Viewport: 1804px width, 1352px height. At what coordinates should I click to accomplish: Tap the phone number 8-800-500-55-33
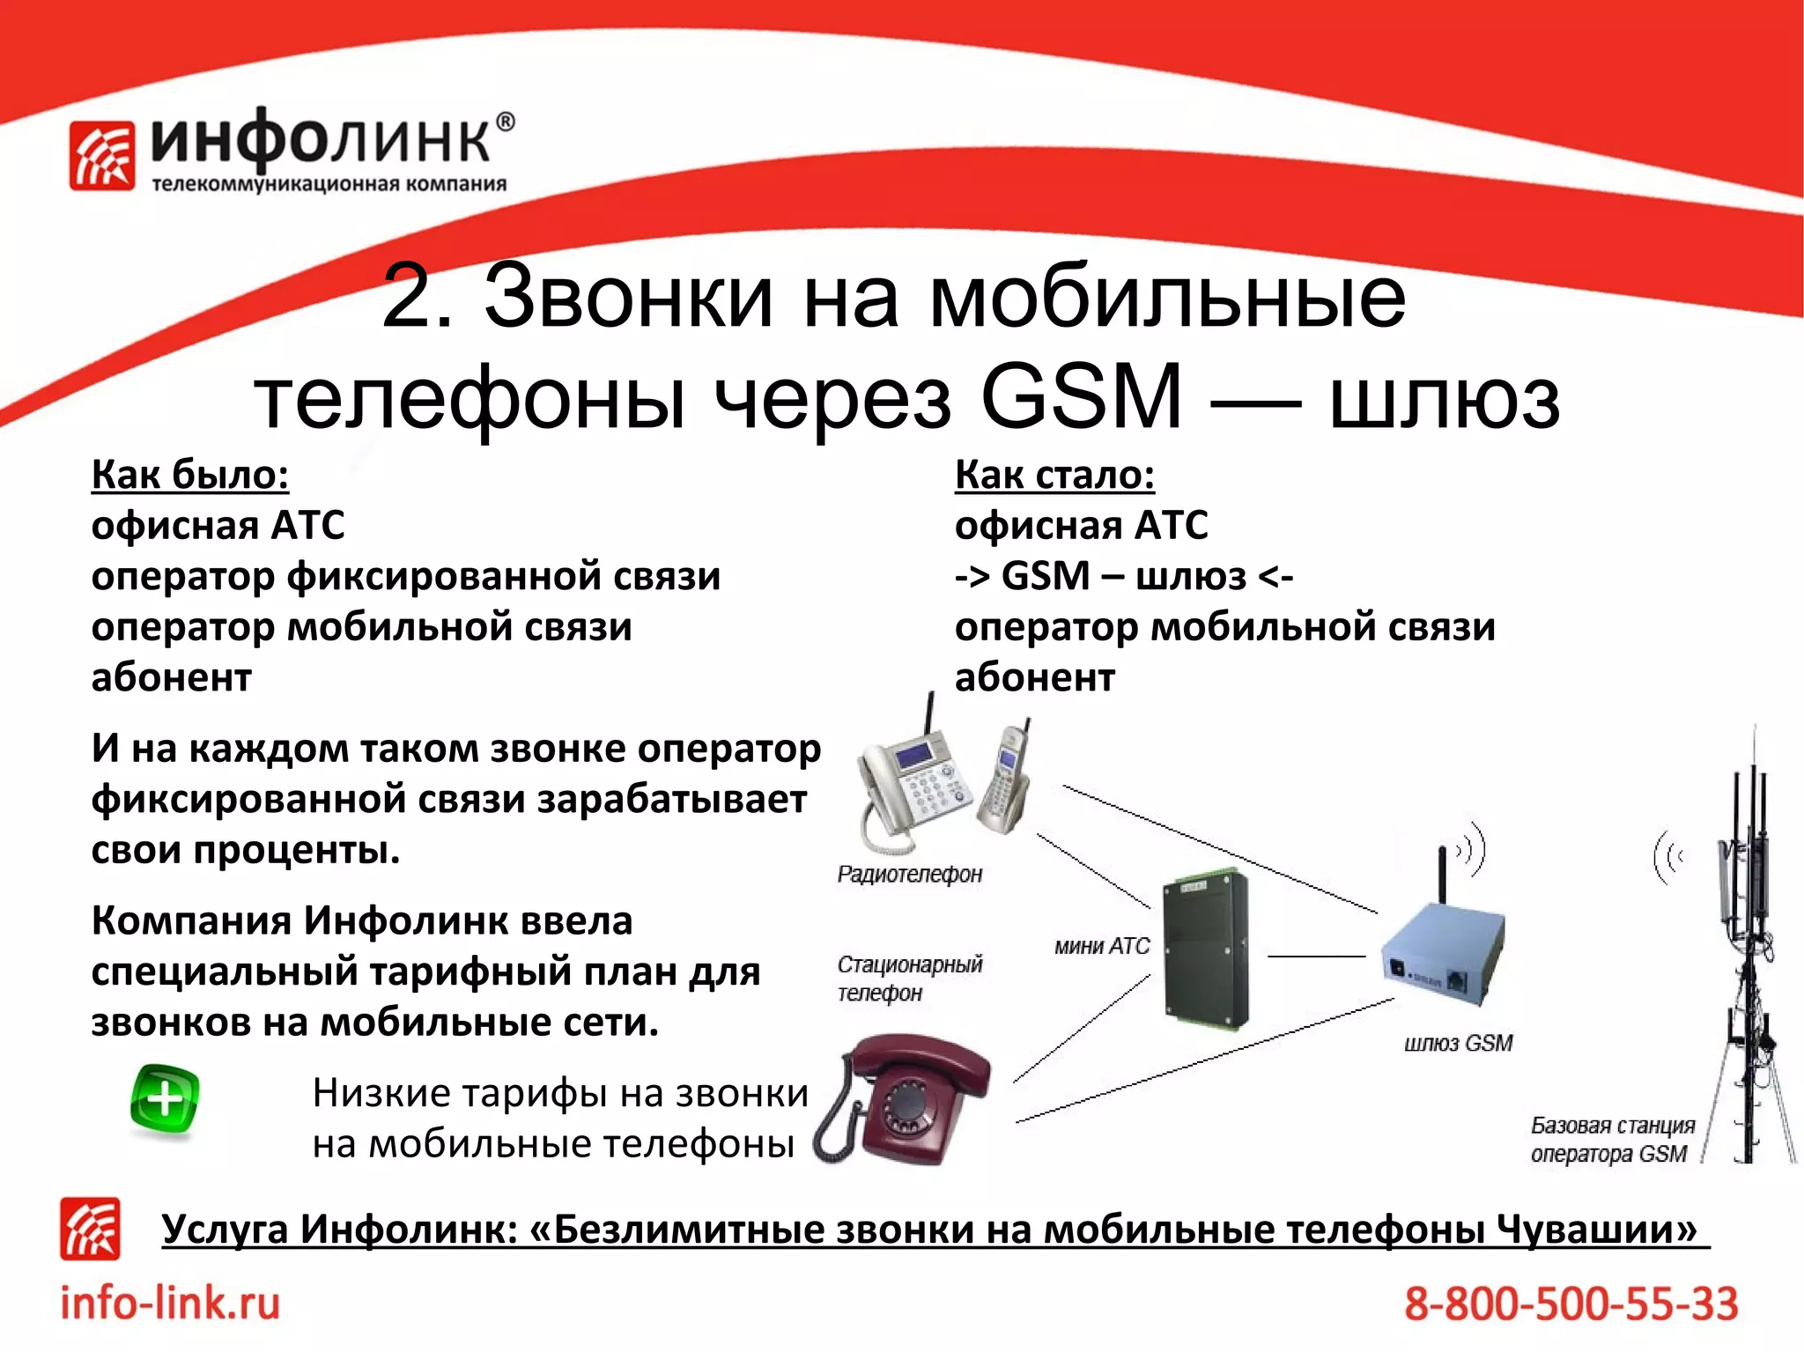pyautogui.click(x=1571, y=1304)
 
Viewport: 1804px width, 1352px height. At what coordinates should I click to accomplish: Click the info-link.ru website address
pyautogui.click(x=170, y=1303)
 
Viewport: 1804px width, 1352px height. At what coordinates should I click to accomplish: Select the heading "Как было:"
pyautogui.click(x=190, y=475)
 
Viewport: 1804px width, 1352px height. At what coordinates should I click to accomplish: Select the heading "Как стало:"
pyautogui.click(x=1054, y=475)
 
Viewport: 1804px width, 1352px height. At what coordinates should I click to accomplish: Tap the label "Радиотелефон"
pyautogui.click(x=909, y=874)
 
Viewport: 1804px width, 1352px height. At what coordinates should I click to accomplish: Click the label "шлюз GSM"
pyautogui.click(x=1458, y=1043)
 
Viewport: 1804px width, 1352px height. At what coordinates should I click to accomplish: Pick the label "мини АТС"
pyautogui.click(x=1102, y=946)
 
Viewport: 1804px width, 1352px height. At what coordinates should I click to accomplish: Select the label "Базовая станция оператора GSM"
pyautogui.click(x=1611, y=1140)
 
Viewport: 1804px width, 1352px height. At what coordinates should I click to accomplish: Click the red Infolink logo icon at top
pyautogui.click(x=102, y=156)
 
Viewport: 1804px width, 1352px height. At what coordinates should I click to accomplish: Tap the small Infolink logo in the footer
pyautogui.click(x=90, y=1228)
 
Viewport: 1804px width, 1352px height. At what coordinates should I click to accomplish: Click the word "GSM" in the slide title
pyautogui.click(x=1080, y=397)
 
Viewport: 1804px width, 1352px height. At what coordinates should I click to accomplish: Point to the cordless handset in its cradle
pyautogui.click(x=1004, y=779)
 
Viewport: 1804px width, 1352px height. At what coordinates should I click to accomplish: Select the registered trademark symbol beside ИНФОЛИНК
pyautogui.click(x=505, y=122)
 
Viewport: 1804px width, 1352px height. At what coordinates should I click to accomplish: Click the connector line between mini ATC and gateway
pyautogui.click(x=1316, y=956)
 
